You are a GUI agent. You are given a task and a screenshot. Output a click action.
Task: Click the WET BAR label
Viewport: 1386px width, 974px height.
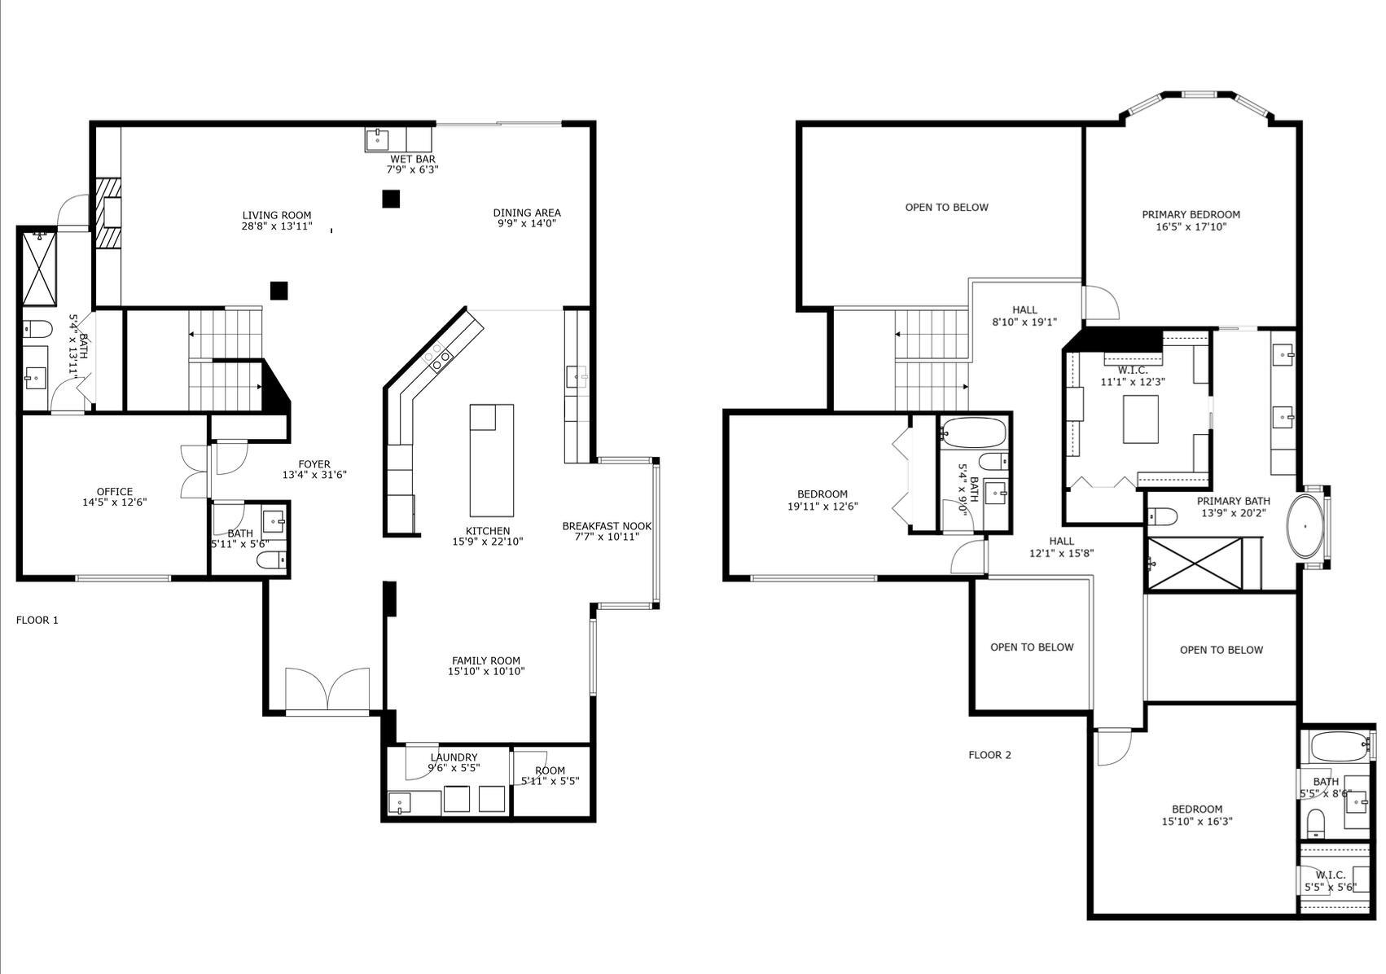(x=412, y=159)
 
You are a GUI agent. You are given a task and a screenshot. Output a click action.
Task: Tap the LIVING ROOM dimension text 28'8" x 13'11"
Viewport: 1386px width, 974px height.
(x=276, y=226)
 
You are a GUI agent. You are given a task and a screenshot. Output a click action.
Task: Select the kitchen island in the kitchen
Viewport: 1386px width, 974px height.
(x=492, y=459)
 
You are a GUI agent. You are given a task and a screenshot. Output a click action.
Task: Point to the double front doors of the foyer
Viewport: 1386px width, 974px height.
(x=327, y=690)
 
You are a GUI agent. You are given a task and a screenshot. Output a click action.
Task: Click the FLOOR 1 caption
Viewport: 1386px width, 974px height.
(x=37, y=620)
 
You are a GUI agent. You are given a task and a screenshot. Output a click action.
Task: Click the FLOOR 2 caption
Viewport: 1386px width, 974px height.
(x=989, y=755)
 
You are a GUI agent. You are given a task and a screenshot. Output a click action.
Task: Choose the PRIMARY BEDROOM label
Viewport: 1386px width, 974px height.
(x=1191, y=215)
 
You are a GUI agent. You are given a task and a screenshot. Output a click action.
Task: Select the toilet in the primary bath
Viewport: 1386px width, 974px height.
(x=1163, y=516)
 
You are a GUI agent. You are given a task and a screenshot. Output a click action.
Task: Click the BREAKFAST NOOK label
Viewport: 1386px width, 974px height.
(x=607, y=526)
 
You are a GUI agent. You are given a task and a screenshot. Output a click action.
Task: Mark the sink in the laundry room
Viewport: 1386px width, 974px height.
(x=399, y=802)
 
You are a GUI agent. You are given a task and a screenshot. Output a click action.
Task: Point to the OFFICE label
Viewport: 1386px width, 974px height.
(x=115, y=492)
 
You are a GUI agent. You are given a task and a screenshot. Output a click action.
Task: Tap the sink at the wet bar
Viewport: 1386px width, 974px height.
(x=377, y=139)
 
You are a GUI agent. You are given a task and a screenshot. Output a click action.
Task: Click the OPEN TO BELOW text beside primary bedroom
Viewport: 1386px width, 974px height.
(x=946, y=207)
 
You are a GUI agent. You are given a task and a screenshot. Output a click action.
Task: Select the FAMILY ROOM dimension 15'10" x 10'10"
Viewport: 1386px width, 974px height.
(x=486, y=672)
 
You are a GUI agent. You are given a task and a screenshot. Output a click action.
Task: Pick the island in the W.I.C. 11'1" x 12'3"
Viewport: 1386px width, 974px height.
(x=1140, y=419)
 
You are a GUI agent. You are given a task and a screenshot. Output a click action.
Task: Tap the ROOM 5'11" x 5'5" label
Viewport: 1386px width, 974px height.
(x=550, y=770)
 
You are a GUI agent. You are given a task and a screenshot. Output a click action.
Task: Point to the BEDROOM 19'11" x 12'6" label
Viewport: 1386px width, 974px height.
(x=822, y=494)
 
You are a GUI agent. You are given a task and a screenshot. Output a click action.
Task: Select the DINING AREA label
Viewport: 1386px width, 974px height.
(x=527, y=213)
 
